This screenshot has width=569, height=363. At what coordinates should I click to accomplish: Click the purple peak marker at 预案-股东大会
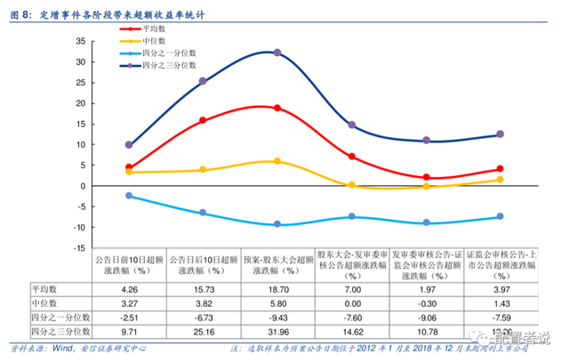(277, 52)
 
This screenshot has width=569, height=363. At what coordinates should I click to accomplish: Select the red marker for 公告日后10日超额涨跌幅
(203, 120)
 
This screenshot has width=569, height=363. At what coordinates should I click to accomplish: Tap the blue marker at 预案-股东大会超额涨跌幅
(277, 224)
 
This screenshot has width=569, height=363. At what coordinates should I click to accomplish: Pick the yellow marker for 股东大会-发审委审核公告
(352, 185)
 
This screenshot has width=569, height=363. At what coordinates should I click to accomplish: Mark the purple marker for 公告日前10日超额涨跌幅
(129, 144)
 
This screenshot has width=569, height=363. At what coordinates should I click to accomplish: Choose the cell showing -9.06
(427, 317)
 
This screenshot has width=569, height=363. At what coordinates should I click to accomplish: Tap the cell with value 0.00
(352, 302)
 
